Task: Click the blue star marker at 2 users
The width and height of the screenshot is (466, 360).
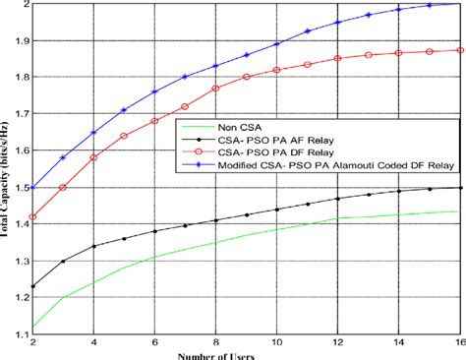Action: [x=33, y=188]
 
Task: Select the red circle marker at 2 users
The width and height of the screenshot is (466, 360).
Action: [x=33, y=217]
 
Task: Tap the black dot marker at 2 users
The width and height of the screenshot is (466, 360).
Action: [x=33, y=286]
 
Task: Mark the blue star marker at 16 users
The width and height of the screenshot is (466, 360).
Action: [x=459, y=4]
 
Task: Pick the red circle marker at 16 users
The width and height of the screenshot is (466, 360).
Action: [x=459, y=50]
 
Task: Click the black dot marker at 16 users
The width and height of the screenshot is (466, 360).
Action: [x=459, y=188]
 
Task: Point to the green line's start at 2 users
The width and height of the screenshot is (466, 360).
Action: [x=33, y=327]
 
